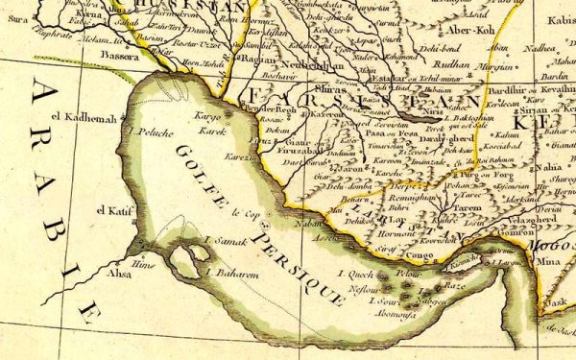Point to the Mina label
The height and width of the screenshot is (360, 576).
pos(547,260)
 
